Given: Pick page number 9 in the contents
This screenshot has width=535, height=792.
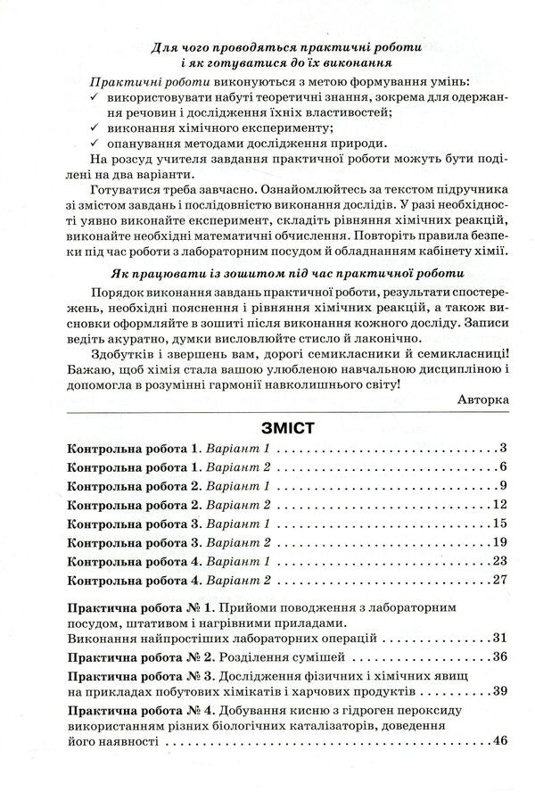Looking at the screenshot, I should click(x=503, y=485).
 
